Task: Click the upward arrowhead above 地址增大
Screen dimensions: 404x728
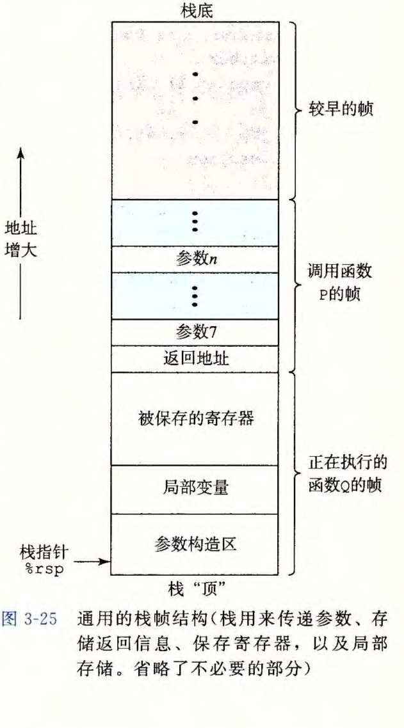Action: pos(20,152)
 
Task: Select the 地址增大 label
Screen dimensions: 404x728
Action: pos(21,238)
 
